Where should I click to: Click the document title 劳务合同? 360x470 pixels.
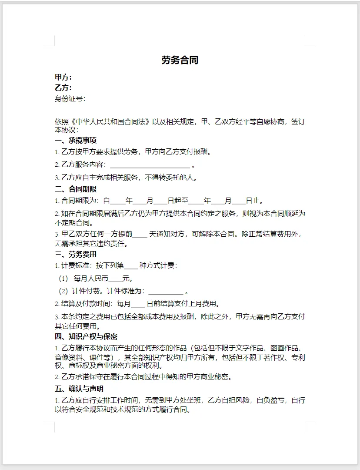click(180, 60)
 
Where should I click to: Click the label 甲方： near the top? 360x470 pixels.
click(63, 77)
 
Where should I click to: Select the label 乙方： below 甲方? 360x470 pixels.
click(63, 88)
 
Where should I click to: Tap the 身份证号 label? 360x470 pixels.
click(70, 98)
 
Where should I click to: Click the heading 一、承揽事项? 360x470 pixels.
click(76, 140)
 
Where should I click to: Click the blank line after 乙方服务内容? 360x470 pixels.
click(150, 165)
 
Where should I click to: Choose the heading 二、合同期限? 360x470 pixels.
click(76, 189)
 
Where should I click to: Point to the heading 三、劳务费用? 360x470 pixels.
click(76, 254)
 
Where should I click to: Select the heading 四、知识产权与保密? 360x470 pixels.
click(86, 336)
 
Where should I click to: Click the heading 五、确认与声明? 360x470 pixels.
click(79, 389)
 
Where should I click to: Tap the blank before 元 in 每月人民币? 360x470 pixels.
click(115, 279)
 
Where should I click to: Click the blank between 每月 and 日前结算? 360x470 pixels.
click(137, 304)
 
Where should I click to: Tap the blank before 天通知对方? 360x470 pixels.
click(140, 234)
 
